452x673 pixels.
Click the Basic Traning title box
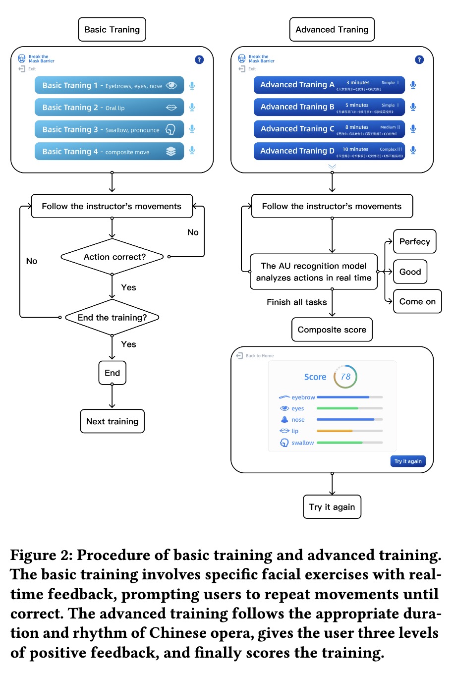click(x=112, y=30)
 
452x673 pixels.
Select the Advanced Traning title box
click(x=332, y=30)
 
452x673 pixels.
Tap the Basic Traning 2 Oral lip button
click(x=109, y=108)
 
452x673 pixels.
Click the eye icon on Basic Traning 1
click(x=171, y=85)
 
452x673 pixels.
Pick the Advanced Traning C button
click(x=329, y=129)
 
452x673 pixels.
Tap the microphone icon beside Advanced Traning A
click(x=413, y=85)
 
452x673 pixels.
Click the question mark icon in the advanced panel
click(x=419, y=59)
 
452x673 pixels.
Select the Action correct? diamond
click(x=112, y=257)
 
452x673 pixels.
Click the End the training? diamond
click(x=112, y=318)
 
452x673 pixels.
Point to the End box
click(x=112, y=373)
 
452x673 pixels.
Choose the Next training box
click(x=112, y=421)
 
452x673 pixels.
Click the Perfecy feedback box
click(x=414, y=242)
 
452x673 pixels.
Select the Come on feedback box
click(x=417, y=301)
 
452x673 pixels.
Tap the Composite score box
click(x=332, y=330)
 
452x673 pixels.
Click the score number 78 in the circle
click(x=345, y=377)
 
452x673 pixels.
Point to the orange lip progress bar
click(x=335, y=431)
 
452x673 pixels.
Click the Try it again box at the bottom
click(x=332, y=507)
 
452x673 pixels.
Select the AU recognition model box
click(x=314, y=272)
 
